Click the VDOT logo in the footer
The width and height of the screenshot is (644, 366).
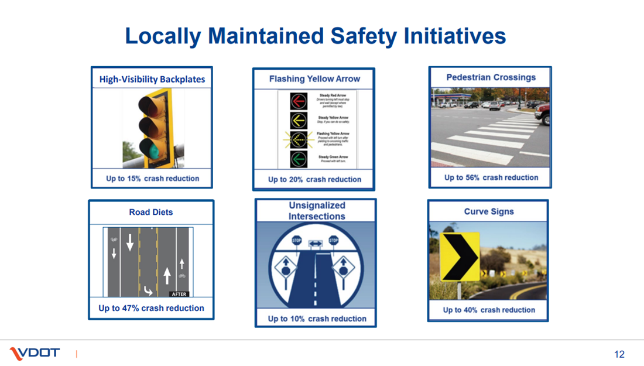(35, 353)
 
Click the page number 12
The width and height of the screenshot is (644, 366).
(619, 354)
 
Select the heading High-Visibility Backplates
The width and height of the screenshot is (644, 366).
(152, 79)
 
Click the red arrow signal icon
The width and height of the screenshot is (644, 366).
(299, 101)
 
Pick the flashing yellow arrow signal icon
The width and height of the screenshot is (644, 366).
(299, 139)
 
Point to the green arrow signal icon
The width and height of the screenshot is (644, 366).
(299, 159)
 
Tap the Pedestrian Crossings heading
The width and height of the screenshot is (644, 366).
(491, 77)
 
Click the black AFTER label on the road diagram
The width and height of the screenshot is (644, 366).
(179, 294)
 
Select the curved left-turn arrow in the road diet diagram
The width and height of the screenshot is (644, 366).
(149, 290)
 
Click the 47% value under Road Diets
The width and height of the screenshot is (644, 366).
(128, 308)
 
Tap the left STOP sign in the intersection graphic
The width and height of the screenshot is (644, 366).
(297, 240)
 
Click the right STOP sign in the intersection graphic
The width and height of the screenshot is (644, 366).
(333, 240)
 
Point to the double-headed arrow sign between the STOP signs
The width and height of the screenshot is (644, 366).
(315, 243)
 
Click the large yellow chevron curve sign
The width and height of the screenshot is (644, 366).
(460, 256)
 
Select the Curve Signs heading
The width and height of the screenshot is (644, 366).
(489, 212)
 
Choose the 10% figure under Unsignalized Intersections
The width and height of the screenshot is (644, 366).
(295, 319)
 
